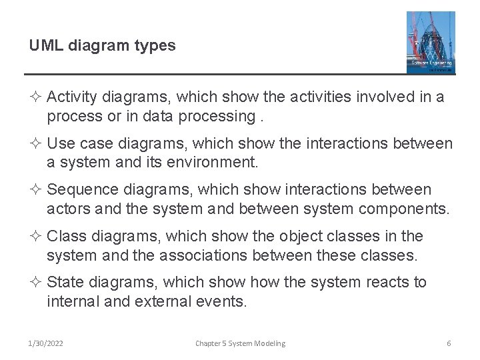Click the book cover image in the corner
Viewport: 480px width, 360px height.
(x=431, y=42)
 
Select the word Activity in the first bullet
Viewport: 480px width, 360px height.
(x=73, y=97)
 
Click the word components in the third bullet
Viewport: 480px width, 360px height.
(x=403, y=209)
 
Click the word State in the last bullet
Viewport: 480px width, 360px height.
(x=66, y=283)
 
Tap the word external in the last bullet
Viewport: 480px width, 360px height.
(x=162, y=301)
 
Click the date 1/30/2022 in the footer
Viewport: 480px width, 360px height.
(x=45, y=343)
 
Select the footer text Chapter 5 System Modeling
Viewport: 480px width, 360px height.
(x=240, y=343)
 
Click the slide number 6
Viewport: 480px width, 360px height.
(x=449, y=343)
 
